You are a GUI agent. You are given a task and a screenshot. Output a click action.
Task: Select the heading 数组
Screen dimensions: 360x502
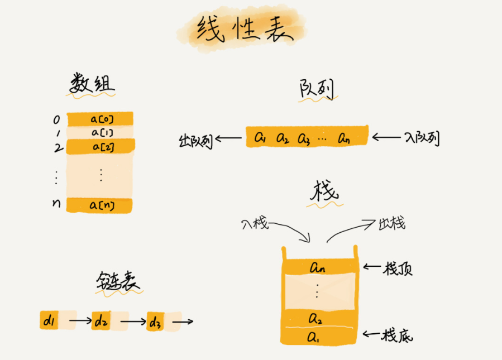(x=92, y=84)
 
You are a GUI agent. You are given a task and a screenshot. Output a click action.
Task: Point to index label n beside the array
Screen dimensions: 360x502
(x=56, y=204)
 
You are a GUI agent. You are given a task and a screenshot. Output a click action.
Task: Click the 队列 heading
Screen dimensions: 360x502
(x=317, y=89)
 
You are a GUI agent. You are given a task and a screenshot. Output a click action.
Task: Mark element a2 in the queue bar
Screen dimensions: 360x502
(x=283, y=137)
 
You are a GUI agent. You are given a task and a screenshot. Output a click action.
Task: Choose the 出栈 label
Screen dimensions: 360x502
(x=391, y=224)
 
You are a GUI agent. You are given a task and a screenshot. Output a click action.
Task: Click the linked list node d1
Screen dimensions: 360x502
(x=49, y=321)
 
